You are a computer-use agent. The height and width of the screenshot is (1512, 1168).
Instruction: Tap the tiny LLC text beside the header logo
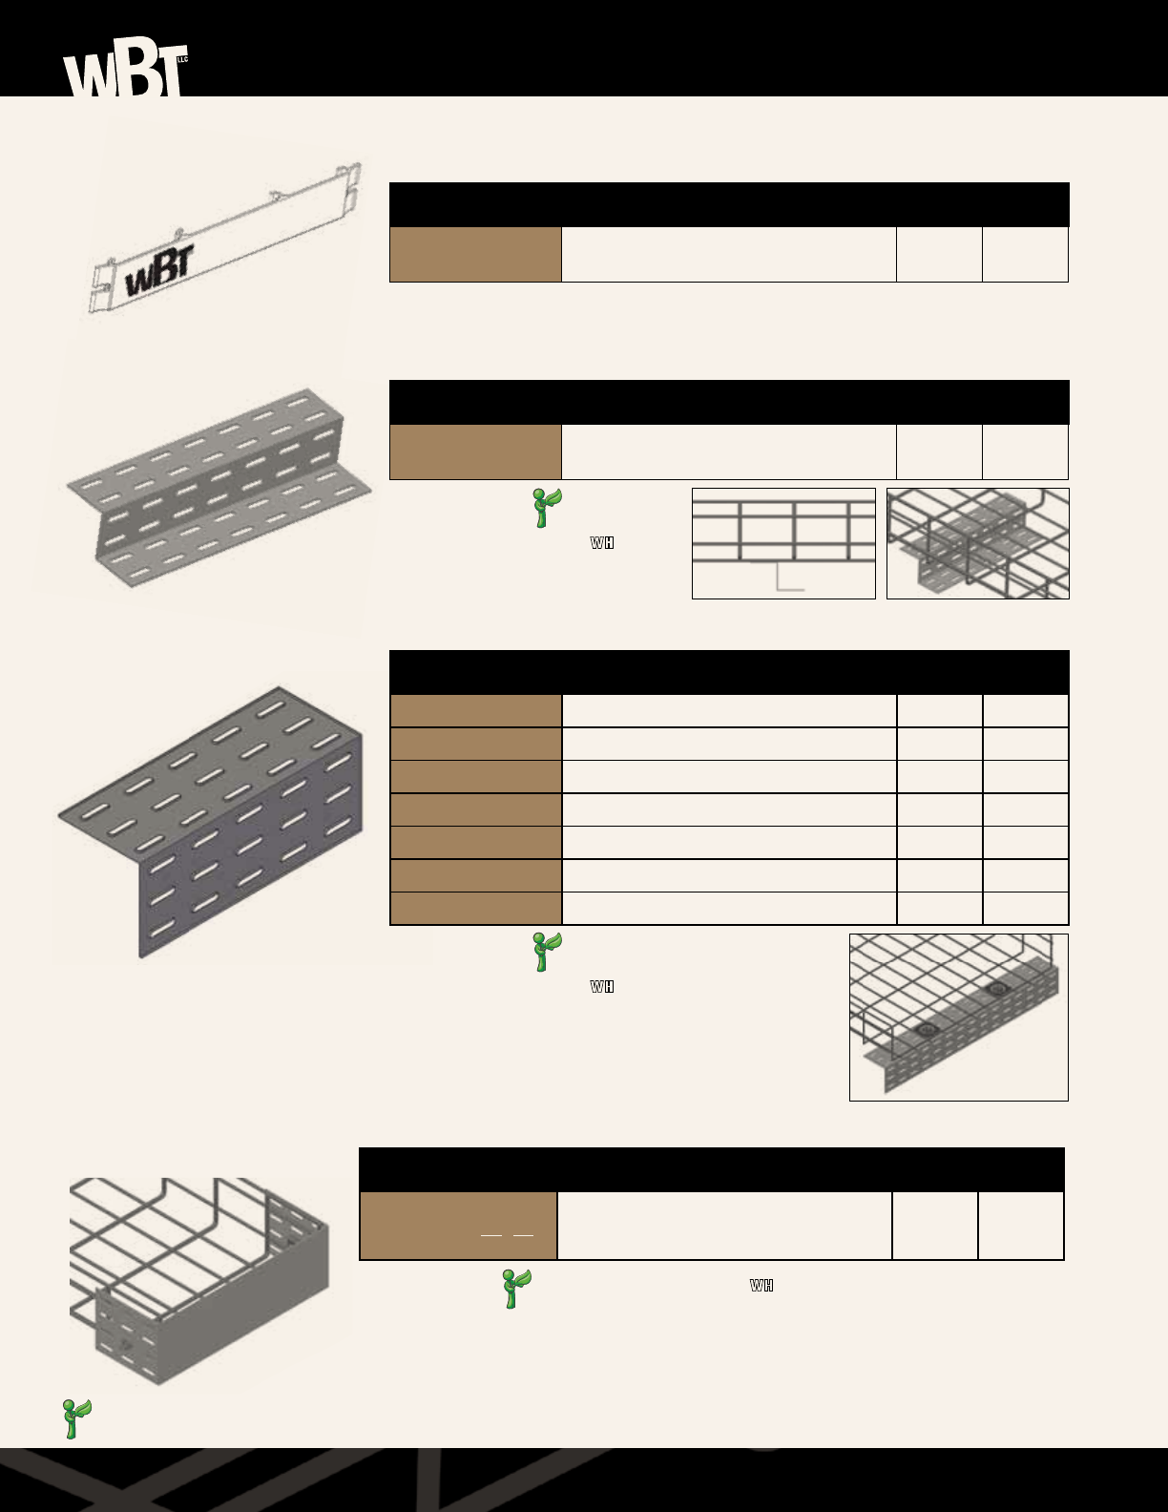coord(183,60)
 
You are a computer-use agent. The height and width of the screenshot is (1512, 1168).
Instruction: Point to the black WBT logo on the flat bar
coord(159,270)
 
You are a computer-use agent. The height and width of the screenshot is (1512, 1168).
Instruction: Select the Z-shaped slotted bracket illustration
coord(219,487)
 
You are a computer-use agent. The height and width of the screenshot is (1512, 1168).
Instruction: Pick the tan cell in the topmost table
coord(475,254)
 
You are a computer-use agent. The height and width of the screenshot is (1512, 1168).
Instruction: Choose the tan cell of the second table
coord(475,451)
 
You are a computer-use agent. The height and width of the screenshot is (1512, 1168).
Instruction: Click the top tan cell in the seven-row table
coord(475,711)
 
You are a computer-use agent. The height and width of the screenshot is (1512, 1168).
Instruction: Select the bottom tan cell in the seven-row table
coord(475,909)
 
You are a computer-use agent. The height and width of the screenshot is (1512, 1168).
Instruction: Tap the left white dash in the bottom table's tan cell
coord(491,1235)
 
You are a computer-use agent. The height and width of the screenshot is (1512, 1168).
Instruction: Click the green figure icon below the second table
coord(547,507)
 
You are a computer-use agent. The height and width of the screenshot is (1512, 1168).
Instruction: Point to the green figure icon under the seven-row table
coord(547,952)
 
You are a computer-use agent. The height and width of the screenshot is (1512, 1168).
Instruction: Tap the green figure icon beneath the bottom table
coord(516,1289)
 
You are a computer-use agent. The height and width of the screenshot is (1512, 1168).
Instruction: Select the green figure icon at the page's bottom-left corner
coord(75,1418)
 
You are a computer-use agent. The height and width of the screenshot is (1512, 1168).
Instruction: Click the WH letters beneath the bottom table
coord(761,1286)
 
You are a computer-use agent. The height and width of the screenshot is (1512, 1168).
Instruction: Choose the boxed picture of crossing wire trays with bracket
coord(977,543)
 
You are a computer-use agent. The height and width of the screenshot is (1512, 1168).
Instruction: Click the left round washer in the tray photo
coord(924,1031)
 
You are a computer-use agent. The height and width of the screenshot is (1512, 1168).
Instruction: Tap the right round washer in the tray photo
coord(997,989)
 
